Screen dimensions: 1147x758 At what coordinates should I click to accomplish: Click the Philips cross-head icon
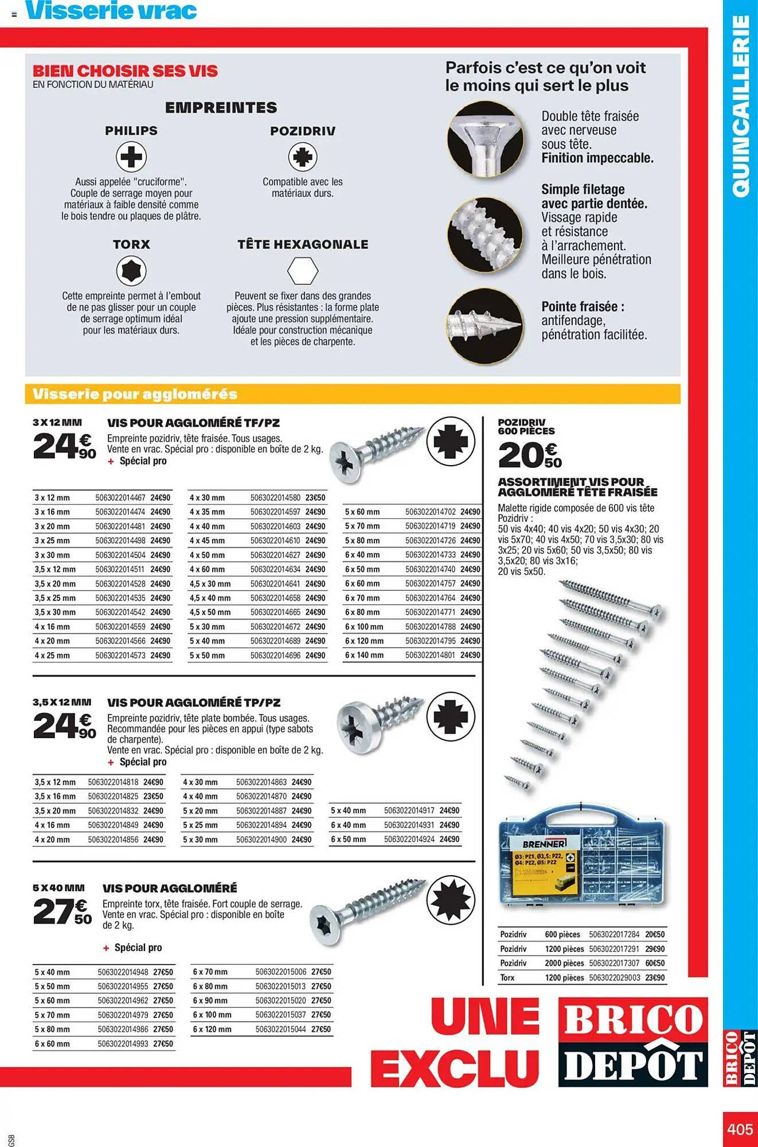pyautogui.click(x=131, y=157)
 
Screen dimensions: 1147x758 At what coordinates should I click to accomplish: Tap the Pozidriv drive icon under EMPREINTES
pyautogui.click(x=302, y=157)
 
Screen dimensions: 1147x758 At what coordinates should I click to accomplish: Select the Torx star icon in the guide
pyautogui.click(x=131, y=271)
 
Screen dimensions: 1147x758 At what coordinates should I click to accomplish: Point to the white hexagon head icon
pyautogui.click(x=302, y=271)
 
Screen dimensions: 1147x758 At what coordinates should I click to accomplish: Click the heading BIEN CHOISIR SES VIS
pyautogui.click(x=125, y=71)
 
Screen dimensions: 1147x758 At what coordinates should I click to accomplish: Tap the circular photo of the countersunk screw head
pyautogui.click(x=485, y=139)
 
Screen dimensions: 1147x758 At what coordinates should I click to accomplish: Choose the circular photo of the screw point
pyautogui.click(x=485, y=326)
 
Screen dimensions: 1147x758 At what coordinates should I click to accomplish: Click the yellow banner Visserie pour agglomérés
pyautogui.click(x=135, y=394)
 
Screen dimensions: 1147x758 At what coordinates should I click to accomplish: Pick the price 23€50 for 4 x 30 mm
pyautogui.click(x=315, y=498)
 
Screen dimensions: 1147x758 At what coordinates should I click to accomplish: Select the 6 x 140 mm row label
pyautogui.click(x=364, y=655)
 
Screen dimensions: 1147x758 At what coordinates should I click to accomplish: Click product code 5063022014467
pyautogui.click(x=120, y=498)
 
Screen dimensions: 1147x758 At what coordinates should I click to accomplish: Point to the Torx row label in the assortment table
pyautogui.click(x=507, y=977)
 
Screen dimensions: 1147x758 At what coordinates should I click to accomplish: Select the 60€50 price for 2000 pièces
pyautogui.click(x=654, y=963)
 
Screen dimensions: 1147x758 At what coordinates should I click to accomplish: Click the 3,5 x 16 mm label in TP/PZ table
pyautogui.click(x=55, y=796)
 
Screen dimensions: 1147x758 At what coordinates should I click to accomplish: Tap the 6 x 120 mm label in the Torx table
pyautogui.click(x=212, y=1029)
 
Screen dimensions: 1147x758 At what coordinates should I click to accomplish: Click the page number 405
pyautogui.click(x=740, y=1129)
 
